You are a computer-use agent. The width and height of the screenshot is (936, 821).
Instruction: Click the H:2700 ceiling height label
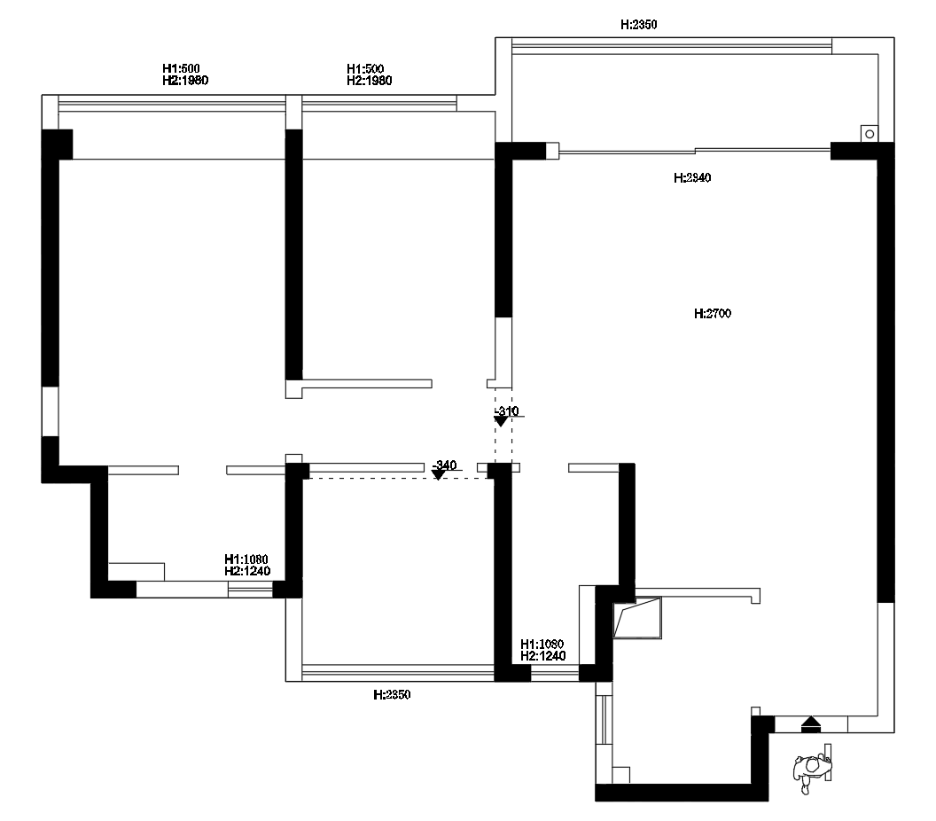click(712, 314)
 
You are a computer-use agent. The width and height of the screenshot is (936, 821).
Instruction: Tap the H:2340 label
click(692, 178)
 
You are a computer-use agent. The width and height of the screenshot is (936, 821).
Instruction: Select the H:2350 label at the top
click(638, 25)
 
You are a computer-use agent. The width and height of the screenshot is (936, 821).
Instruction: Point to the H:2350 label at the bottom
click(392, 695)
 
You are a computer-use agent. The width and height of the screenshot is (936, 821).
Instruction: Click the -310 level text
click(507, 410)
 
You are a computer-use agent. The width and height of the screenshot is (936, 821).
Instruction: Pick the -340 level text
click(444, 465)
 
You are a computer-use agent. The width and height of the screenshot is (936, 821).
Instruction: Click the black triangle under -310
click(501, 421)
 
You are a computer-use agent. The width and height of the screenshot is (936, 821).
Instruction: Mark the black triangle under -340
click(438, 475)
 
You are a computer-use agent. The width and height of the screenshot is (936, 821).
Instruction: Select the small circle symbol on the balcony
click(870, 135)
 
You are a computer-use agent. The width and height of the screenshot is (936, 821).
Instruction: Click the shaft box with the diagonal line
click(637, 617)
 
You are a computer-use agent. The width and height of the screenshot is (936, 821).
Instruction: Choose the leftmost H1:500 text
click(181, 68)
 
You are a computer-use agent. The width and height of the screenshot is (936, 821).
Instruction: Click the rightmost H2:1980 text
click(370, 81)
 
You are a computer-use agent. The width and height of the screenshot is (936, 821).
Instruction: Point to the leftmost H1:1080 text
click(246, 559)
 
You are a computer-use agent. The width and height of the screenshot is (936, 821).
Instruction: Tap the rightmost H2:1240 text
click(543, 656)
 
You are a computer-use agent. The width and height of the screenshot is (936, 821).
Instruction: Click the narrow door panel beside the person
click(828, 762)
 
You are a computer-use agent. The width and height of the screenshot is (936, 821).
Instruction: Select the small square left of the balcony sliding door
click(552, 151)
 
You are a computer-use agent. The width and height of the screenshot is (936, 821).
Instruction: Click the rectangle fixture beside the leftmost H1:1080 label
click(136, 571)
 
